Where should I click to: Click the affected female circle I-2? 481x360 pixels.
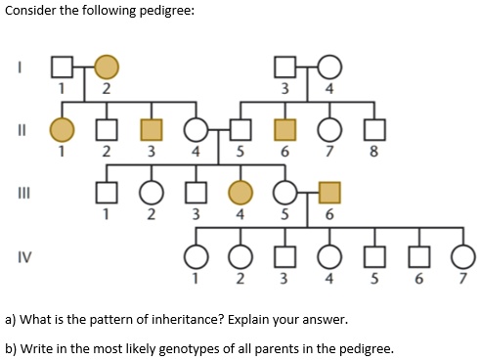point(106,67)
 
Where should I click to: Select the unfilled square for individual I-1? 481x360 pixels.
point(64,67)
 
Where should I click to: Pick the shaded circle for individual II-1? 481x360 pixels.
point(64,128)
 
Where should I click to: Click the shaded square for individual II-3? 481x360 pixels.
point(149,128)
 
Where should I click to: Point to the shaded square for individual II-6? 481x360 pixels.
point(284,128)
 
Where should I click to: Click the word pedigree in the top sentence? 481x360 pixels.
point(167,11)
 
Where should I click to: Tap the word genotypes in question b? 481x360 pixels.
point(197,347)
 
